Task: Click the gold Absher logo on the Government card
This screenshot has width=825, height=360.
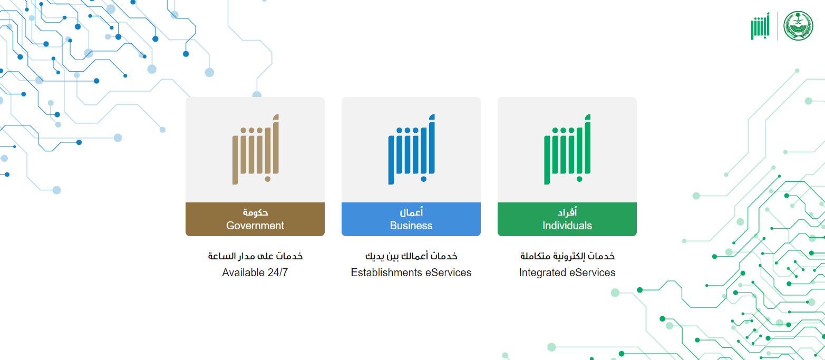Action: pos(255,149)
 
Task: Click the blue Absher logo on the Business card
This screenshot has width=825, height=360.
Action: pos(411,149)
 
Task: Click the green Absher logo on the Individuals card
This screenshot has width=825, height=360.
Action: pos(567,149)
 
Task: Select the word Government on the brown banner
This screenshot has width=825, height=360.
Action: pos(255,226)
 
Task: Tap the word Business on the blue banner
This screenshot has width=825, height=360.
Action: pos(411,226)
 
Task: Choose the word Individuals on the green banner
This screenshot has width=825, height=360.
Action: pos(567,226)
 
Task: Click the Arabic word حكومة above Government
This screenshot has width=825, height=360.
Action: pos(255,212)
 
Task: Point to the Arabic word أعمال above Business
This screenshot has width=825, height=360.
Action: pos(411,212)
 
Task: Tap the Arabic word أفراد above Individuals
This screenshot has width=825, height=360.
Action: pos(567,212)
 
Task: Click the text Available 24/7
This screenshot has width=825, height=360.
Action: pos(255,273)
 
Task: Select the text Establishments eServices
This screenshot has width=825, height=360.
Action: pos(411,273)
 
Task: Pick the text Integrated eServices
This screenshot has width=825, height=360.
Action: pos(567,273)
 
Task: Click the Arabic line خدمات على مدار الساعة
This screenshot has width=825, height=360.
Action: pos(255,256)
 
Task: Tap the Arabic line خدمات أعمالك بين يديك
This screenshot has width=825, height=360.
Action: pos(411,256)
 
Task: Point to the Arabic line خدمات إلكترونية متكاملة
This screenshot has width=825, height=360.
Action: pos(567,256)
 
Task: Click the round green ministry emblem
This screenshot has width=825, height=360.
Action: pos(798,26)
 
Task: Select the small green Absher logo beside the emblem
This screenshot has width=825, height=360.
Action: pos(760,26)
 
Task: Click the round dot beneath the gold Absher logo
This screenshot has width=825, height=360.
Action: pos(268,179)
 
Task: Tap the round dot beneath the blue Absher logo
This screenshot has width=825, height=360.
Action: pos(423,179)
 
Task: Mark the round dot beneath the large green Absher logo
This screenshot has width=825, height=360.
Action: pos(580,179)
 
